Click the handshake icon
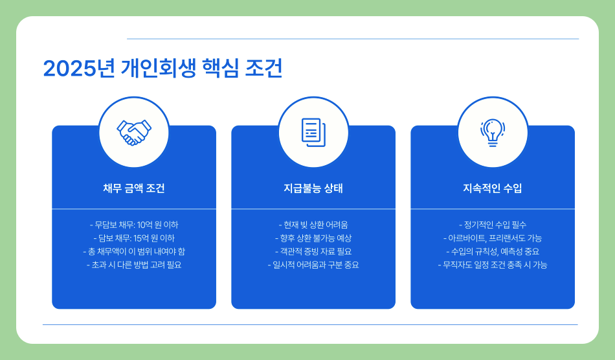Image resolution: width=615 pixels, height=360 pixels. tap(134, 132)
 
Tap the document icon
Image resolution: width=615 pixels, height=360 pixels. tap(313, 132)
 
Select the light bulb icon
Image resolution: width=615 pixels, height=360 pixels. tap(493, 132)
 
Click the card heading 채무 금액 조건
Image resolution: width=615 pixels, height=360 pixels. tap(134, 188)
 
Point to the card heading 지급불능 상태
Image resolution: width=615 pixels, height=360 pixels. tap(313, 188)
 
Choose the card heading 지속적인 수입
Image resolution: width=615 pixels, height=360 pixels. tap(493, 188)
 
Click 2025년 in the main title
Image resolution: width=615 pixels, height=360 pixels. tap(78, 69)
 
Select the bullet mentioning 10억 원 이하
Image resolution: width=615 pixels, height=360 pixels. tap(134, 225)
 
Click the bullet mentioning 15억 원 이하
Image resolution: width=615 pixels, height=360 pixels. tap(134, 238)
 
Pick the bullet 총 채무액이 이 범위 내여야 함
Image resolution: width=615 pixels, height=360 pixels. tap(134, 251)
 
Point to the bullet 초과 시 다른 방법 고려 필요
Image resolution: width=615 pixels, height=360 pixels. tap(134, 265)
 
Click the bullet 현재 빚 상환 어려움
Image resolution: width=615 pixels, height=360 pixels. tap(313, 225)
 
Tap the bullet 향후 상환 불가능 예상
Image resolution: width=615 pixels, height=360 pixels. tap(313, 238)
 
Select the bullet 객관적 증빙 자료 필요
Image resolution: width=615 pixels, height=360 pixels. tap(313, 251)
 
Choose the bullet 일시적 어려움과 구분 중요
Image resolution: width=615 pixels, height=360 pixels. tap(313, 265)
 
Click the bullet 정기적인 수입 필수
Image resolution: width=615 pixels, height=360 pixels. tap(493, 225)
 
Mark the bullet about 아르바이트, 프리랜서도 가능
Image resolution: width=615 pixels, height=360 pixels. tap(493, 238)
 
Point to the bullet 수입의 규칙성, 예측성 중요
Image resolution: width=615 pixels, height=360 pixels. tap(493, 251)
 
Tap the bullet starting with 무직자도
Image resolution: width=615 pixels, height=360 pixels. tap(493, 265)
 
